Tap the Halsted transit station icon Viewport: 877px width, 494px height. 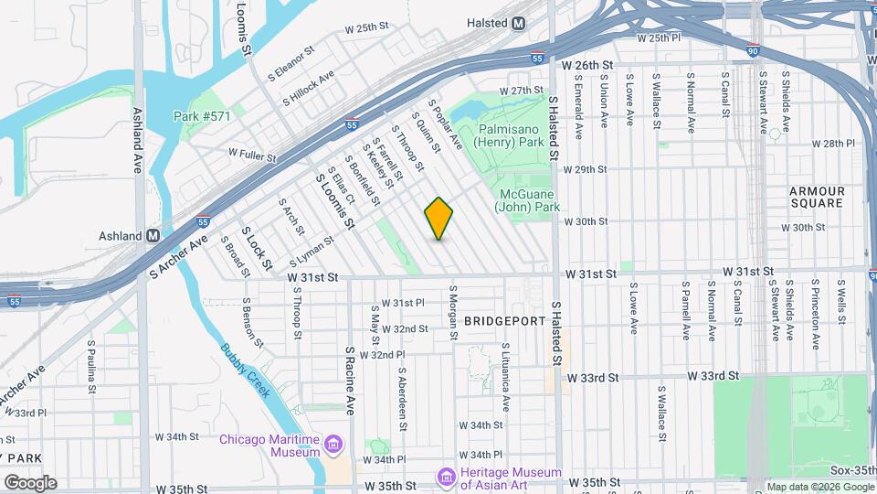[519, 23]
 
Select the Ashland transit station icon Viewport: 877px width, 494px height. [153, 235]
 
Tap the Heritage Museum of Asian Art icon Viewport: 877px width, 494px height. [446, 477]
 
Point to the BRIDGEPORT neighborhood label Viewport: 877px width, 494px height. [505, 322]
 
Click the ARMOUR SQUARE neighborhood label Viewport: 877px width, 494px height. [817, 197]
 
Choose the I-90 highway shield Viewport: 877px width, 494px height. [752, 50]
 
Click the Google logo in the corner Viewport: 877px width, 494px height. [29, 482]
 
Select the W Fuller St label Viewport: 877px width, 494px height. [252, 156]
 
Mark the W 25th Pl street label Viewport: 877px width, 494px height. [671, 38]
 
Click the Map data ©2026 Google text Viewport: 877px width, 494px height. [819, 486]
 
